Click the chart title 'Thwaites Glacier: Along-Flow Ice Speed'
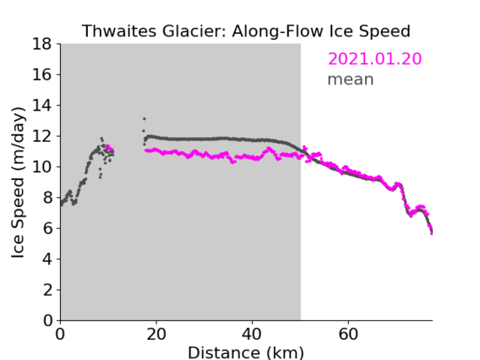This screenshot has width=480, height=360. coord(246,31)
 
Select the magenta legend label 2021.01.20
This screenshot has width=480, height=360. coord(374,58)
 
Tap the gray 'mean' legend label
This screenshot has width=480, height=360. coord(351,79)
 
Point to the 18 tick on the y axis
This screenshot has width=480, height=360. coord(42,44)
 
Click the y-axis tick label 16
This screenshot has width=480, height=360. coord(42,74)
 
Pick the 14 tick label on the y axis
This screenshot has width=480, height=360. coord(42,106)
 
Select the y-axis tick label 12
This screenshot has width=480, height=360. coord(42,136)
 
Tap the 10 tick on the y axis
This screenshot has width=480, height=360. coord(42,166)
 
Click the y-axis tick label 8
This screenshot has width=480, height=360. coord(47,198)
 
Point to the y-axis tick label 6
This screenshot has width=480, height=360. coord(47,228)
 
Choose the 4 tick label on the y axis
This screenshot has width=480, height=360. coord(47,259)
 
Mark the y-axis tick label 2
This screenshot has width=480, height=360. coord(47,290)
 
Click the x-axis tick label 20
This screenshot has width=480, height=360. coord(156,334)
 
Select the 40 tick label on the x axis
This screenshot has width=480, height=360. coord(252,334)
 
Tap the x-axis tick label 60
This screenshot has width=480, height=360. coord(348,334)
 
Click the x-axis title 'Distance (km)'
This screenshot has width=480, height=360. coord(246,353)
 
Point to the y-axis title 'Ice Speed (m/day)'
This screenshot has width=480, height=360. coord(18,183)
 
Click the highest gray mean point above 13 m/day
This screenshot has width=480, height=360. coord(145,119)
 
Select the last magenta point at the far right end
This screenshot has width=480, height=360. coord(431,233)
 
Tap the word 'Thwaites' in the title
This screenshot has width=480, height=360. coord(120,31)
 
